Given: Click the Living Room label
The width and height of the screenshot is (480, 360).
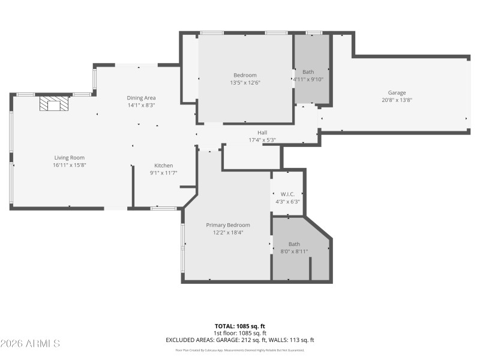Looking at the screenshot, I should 69,158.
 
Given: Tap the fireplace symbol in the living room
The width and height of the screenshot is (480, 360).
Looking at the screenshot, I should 54,105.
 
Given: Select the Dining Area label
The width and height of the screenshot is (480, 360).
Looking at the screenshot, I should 141,98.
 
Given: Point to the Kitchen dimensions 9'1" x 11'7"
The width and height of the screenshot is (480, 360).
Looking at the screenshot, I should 164,173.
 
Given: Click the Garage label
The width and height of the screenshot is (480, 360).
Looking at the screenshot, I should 397,93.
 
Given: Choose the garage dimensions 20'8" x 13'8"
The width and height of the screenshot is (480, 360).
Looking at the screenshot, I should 397,100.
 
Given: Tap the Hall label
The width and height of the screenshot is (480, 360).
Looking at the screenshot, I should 262,133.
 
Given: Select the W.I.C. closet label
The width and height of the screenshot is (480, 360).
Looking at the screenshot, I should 287,194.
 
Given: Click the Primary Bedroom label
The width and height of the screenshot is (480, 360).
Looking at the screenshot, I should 228,225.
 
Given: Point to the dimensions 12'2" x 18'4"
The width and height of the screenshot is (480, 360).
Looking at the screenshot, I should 228,232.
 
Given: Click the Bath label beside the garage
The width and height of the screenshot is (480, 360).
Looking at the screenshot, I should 308,72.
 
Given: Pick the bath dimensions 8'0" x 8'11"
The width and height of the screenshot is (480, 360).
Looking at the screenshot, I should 294,251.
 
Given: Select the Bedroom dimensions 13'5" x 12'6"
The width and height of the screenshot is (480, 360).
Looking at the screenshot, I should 245,82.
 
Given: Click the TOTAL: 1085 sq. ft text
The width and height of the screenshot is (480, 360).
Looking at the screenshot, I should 240,326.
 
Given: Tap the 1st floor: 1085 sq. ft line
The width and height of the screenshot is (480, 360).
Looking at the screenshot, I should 240,333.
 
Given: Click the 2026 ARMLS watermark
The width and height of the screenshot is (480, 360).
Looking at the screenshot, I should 30,344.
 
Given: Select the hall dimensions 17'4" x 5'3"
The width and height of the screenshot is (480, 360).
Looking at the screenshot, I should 262,140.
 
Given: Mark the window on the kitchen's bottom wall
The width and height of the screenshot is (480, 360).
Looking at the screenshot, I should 163,208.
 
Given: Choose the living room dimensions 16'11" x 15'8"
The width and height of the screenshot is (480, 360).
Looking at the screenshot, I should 69,165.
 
